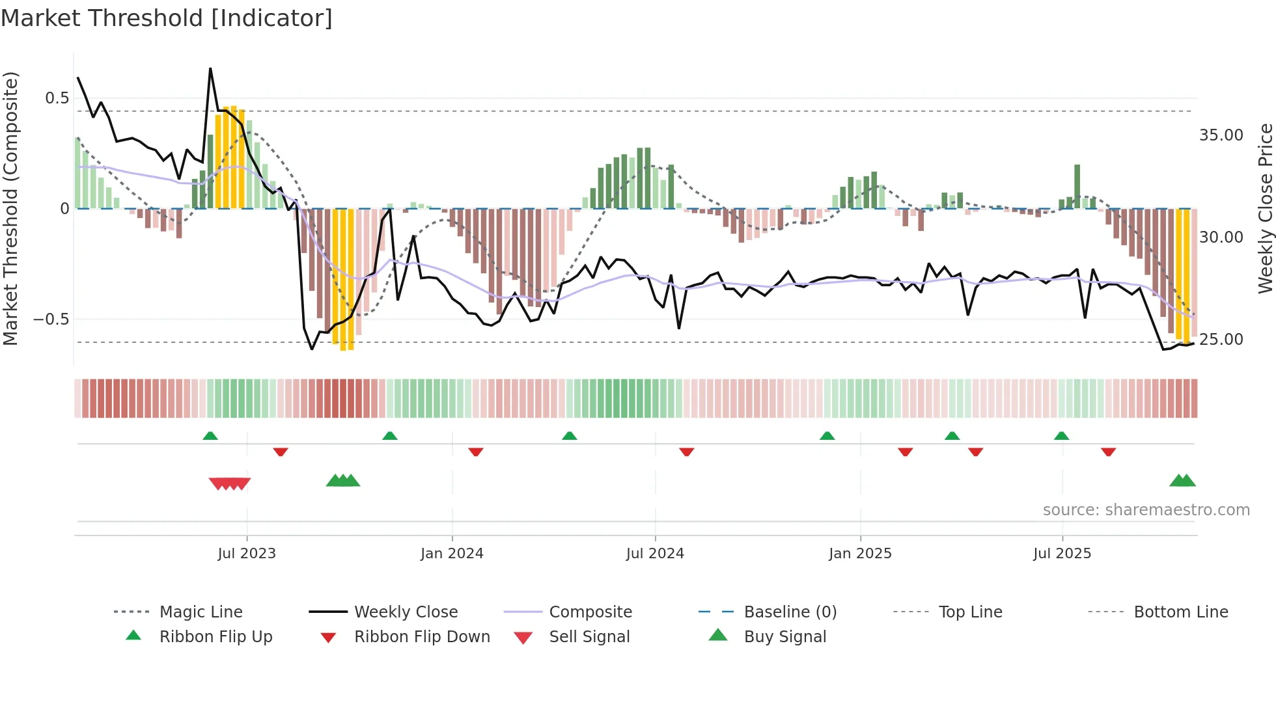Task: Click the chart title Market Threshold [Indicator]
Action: point(167,18)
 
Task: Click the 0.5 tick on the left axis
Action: point(57,98)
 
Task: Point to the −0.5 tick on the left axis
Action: point(51,319)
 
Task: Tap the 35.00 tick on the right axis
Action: point(1221,135)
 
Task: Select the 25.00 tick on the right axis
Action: point(1221,340)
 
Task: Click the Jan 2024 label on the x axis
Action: point(452,554)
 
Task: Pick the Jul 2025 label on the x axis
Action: point(1062,554)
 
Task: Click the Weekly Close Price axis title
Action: point(1265,208)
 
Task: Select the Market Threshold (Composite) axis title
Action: point(10,208)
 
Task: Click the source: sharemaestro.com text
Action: point(1146,510)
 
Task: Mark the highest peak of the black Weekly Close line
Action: point(210,68)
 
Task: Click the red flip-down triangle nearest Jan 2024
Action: point(476,452)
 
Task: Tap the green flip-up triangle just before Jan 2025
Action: point(827,436)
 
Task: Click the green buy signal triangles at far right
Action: point(1182,481)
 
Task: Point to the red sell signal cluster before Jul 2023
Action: point(229,483)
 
